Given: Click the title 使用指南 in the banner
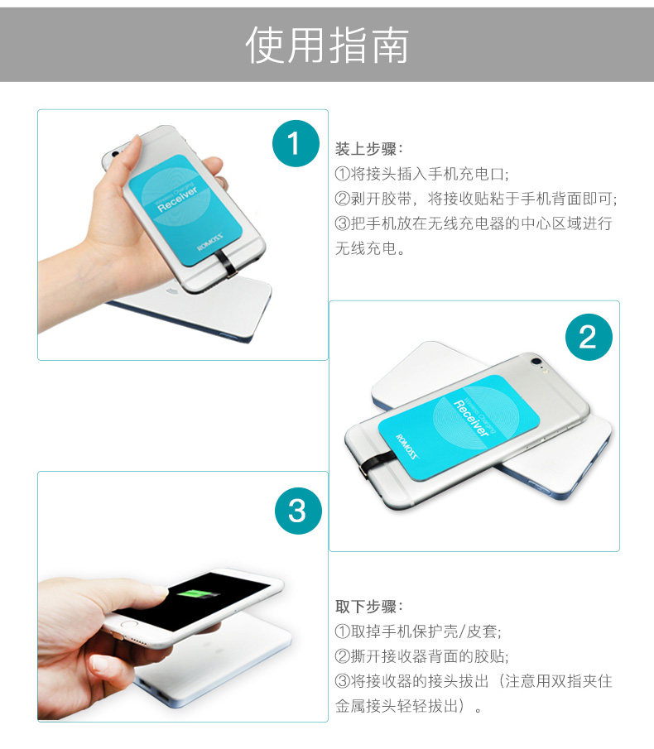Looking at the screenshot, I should [x=327, y=45].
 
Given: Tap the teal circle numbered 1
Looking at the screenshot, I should [x=296, y=144].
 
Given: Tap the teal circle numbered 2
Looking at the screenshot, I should [x=588, y=337].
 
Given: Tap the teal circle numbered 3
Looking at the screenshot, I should [x=297, y=510].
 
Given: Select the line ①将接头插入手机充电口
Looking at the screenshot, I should [x=421, y=175].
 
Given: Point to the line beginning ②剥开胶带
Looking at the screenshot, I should [x=476, y=199].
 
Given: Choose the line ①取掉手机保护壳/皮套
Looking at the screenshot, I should [x=418, y=631].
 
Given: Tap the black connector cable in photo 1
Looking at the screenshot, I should [x=226, y=266].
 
